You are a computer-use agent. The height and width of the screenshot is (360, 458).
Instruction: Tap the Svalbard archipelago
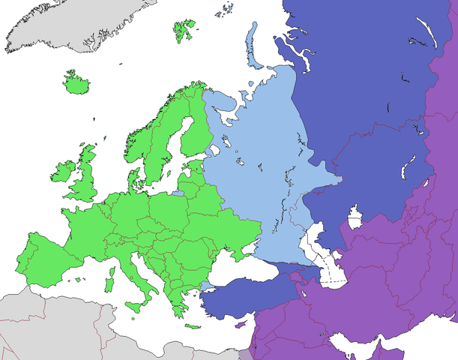[x=184, y=30]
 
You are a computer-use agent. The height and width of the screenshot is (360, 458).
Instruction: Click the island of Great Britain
[x=85, y=177]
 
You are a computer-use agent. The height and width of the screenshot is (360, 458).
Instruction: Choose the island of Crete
[x=193, y=326]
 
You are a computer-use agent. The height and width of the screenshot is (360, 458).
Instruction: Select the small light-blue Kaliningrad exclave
[x=177, y=193]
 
